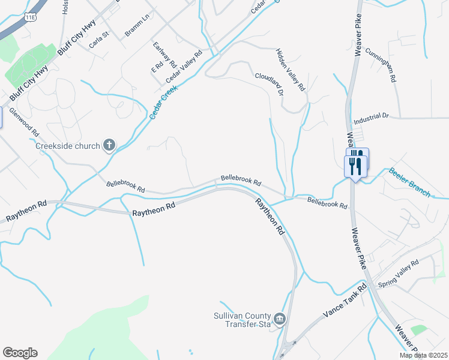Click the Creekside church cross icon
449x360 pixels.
(x=109, y=145)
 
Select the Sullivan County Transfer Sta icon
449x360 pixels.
(x=279, y=318)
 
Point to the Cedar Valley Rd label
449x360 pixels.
(x=184, y=66)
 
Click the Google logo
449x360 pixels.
(x=20, y=353)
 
